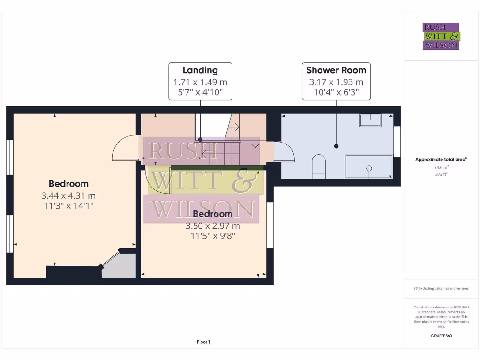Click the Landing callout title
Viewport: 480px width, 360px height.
(200, 70)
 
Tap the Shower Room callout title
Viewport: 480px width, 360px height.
(336, 70)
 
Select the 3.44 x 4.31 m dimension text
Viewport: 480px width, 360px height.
(68, 195)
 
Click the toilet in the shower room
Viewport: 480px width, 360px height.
(319, 166)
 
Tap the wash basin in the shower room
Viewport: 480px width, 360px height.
(370, 120)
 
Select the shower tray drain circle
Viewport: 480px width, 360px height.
(369, 168)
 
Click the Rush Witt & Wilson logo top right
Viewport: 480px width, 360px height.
(441, 37)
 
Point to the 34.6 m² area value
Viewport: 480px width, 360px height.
(441, 167)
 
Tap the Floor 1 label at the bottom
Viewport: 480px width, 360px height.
(203, 342)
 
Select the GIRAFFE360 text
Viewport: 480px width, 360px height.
(441, 336)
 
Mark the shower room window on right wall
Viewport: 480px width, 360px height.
(398, 141)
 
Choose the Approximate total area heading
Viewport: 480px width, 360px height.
(441, 159)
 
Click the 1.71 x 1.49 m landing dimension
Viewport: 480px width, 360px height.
(200, 82)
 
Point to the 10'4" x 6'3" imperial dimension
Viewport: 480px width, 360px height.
(336, 92)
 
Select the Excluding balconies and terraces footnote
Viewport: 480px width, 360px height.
(441, 288)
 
